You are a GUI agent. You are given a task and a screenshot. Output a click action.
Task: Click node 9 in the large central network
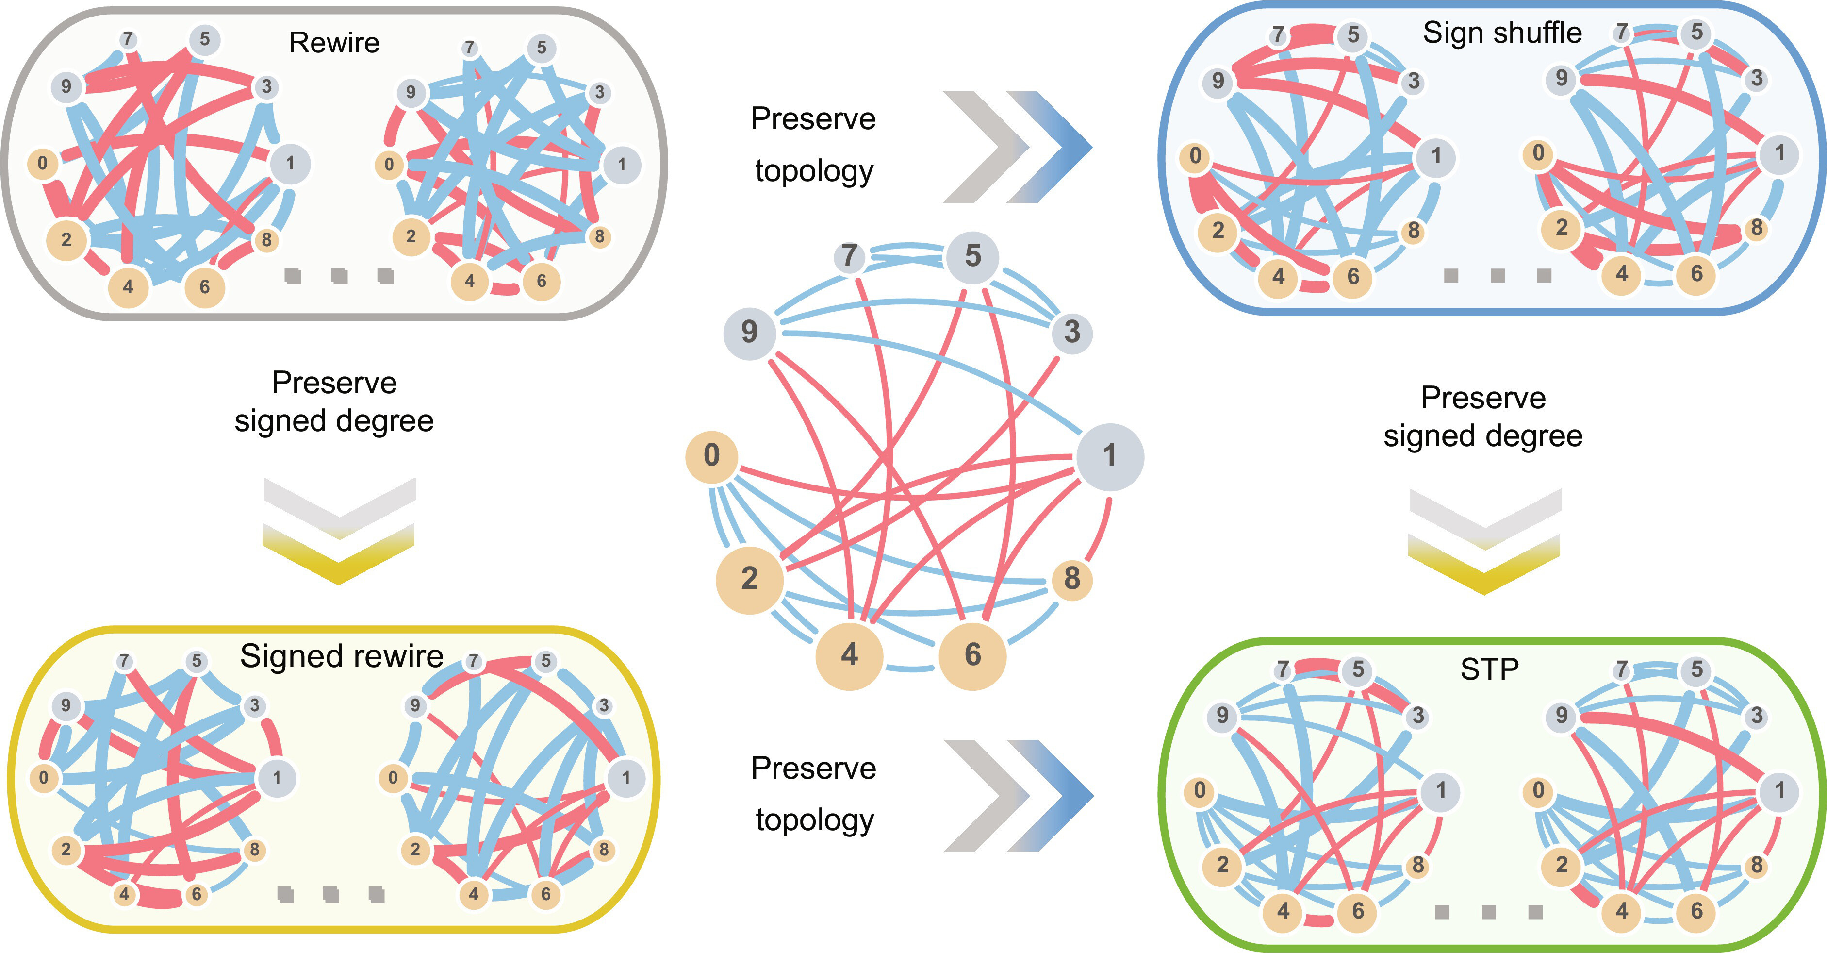[x=750, y=332]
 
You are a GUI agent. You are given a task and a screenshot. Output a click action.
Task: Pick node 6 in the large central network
[x=972, y=655]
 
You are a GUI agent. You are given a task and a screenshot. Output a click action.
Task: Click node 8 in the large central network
[x=1071, y=579]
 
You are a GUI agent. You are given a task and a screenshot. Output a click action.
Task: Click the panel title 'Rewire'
[x=334, y=43]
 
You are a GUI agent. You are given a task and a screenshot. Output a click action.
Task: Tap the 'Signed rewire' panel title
[x=342, y=656]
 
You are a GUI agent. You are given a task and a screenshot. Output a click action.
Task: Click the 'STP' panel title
[x=1489, y=669]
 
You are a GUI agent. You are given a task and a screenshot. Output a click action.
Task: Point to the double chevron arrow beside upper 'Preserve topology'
[x=1017, y=147]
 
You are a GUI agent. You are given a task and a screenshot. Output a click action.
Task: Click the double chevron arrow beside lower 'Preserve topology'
[x=1019, y=796]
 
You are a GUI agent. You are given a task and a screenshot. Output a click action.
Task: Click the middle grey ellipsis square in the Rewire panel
[x=339, y=276]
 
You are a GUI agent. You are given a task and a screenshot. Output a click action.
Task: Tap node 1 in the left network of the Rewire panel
[x=290, y=163]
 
